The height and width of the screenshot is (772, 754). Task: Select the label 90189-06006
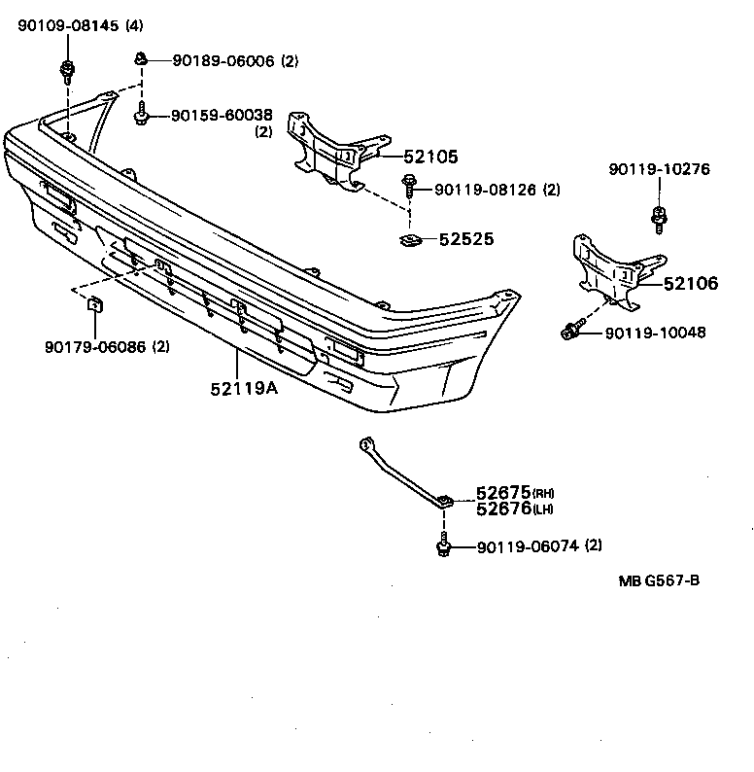pyautogui.click(x=224, y=60)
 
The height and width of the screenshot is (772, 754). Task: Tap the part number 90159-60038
pyautogui.click(x=221, y=115)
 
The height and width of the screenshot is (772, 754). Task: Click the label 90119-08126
pyautogui.click(x=485, y=190)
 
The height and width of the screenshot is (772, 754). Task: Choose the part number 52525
pyautogui.click(x=465, y=238)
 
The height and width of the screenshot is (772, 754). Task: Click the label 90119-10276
pyautogui.click(x=660, y=169)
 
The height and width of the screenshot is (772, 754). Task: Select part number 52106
pyautogui.click(x=690, y=284)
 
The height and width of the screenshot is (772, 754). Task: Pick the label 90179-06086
pyautogui.click(x=93, y=346)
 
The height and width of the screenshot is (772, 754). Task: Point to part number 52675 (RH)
pyautogui.click(x=506, y=494)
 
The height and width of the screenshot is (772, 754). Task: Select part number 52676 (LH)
pyautogui.click(x=506, y=509)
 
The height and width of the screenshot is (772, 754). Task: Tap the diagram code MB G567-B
pyautogui.click(x=660, y=581)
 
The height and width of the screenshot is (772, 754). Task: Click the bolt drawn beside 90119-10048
pyautogui.click(x=572, y=332)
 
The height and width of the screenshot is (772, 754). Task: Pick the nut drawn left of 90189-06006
pyautogui.click(x=141, y=59)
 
